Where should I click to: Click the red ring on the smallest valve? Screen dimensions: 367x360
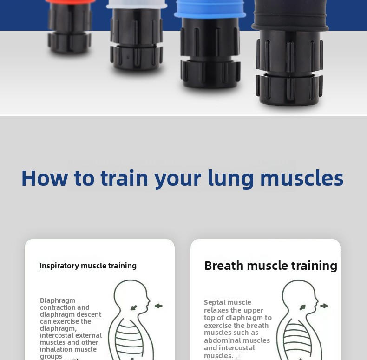pos(70,1)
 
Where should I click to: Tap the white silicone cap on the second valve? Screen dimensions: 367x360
pos(137,4)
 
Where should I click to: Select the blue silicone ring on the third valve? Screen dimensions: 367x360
pos(210,9)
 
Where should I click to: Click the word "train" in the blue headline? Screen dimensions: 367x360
pos(125,178)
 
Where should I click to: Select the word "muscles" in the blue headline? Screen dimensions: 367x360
pos(302,178)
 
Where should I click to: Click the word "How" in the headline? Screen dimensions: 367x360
pos(45,178)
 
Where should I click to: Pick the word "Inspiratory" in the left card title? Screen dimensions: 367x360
pos(59,266)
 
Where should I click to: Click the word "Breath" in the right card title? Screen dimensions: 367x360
pos(224,266)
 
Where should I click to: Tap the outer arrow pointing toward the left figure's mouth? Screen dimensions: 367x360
pos(159,306)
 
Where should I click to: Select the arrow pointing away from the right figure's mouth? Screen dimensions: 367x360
pos(324,306)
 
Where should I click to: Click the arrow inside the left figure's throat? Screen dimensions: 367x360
pos(134,307)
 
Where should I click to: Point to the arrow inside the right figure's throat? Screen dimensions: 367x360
pos(302,307)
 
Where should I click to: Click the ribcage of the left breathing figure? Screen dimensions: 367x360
pos(130,338)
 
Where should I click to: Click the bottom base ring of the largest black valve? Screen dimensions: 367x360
pos(289,89)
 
